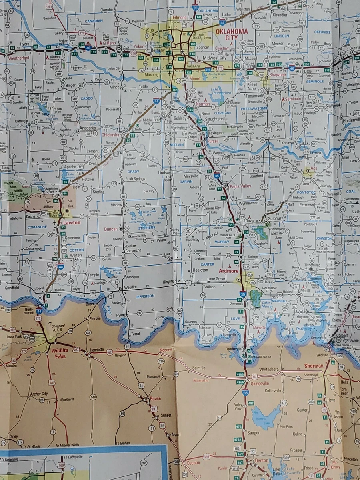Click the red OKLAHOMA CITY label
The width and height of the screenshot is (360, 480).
(x=232, y=34)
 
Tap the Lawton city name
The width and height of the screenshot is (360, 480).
(x=72, y=222)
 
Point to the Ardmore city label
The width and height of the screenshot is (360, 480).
(x=228, y=271)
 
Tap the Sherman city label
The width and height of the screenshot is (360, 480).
(x=314, y=366)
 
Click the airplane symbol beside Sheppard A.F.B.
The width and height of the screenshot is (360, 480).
(x=50, y=322)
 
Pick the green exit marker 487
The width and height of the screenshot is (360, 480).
(x=250, y=403)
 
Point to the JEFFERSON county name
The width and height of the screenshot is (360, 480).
(x=144, y=296)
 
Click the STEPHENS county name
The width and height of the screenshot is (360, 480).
(x=147, y=228)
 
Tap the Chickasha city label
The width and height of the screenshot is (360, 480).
(x=110, y=135)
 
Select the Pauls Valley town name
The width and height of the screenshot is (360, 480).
(x=240, y=186)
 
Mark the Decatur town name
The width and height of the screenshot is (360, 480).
(x=193, y=463)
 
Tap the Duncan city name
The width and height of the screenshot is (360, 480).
(x=110, y=229)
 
